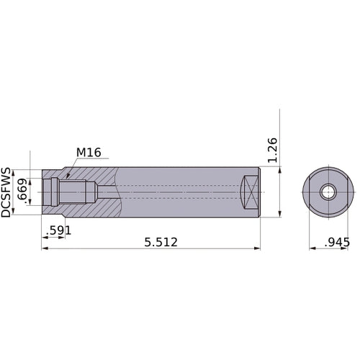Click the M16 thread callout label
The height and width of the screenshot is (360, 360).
tap(89, 153)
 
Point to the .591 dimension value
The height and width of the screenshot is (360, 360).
tap(57, 231)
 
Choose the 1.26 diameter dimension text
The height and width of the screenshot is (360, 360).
tap(271, 149)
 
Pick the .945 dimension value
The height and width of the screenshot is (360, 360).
tap(336, 242)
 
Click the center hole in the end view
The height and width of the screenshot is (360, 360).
tap(328, 192)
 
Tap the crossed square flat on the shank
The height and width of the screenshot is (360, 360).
tap(249, 192)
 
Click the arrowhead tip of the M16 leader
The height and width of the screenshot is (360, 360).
tap(66, 175)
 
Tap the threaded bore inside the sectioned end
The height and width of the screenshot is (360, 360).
tap(72, 192)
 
